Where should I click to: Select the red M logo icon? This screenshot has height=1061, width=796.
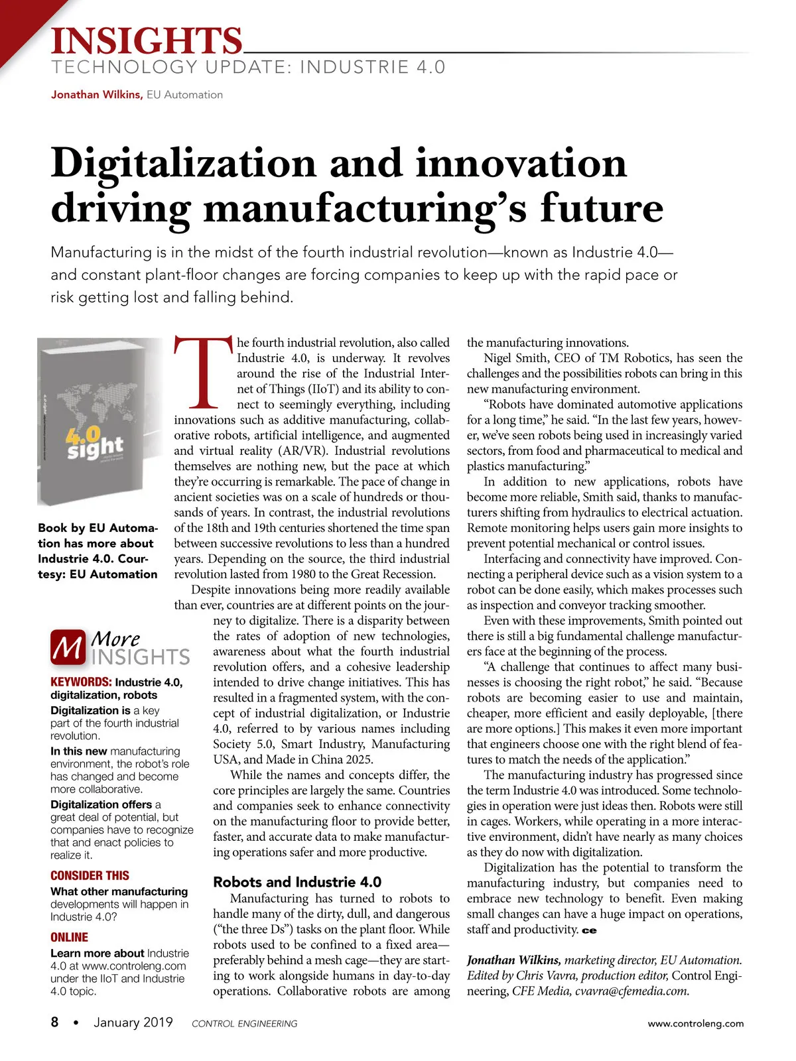pos(68,648)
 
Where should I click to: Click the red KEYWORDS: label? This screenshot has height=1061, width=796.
pos(81,682)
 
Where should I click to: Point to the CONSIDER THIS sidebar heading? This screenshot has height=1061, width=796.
pos(90,875)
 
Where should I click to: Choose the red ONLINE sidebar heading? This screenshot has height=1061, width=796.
pos(69,937)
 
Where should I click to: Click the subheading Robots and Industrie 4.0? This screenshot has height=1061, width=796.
pos(297,882)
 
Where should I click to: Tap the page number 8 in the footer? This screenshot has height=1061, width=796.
pos(54,1022)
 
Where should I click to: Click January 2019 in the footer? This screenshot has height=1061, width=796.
pos(133,1022)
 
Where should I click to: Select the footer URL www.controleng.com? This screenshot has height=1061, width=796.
pos(695,1023)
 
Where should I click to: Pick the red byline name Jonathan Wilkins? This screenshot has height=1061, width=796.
pos(96,95)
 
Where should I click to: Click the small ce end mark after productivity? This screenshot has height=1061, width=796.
pos(589,930)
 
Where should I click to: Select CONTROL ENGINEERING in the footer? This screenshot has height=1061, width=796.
pos(244,1023)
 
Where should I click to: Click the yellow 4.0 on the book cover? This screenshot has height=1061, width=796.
pos(84,434)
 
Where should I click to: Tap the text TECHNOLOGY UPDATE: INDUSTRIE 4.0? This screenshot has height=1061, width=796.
pos(248,67)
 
